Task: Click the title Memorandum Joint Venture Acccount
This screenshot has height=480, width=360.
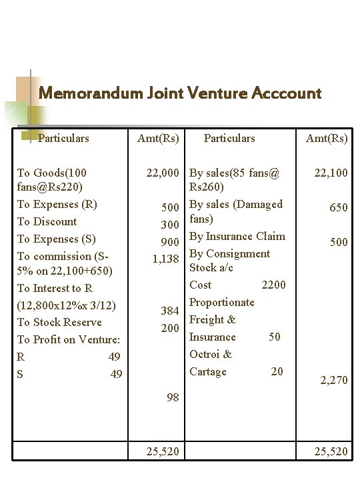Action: click(180, 93)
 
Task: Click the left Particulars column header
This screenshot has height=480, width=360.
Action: click(63, 139)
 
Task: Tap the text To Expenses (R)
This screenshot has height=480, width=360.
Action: click(57, 204)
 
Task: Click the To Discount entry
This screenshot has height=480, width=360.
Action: click(47, 221)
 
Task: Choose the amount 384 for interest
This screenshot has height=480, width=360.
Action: click(169, 311)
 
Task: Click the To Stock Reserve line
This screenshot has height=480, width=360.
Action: click(59, 322)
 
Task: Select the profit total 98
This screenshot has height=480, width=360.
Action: click(172, 397)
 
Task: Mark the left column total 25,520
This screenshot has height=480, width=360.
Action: click(163, 451)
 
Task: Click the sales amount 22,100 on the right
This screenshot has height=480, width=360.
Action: click(331, 173)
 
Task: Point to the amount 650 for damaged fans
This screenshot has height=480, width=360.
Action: click(338, 207)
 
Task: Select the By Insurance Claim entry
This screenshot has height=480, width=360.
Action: click(237, 236)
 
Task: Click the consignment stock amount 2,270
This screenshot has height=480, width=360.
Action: click(333, 381)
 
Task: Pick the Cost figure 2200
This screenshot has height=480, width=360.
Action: click(273, 285)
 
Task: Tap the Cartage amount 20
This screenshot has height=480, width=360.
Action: click(277, 371)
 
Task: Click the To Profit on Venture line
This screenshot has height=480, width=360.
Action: click(68, 339)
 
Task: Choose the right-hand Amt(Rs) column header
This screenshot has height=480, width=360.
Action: click(327, 139)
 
